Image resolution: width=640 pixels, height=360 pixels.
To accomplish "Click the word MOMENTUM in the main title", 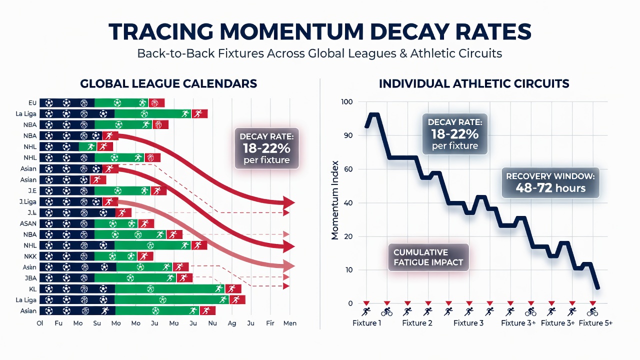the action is point(291,31).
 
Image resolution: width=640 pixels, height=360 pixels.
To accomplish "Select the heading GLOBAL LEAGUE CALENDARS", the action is point(168,83).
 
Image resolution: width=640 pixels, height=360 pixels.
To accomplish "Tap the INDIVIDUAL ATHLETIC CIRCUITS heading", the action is point(474,83).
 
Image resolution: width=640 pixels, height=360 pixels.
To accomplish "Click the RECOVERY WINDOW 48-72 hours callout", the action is point(550,182).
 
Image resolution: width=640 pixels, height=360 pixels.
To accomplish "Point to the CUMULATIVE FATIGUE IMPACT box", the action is point(428,257).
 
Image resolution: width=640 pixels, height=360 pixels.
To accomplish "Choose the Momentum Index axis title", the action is point(334,200).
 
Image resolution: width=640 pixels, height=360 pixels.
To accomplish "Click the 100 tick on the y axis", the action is point(347,102).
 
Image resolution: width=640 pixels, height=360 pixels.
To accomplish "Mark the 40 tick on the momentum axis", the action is point(348,203).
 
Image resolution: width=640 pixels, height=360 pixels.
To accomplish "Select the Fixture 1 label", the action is point(366,323).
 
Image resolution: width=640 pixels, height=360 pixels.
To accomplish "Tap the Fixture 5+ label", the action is point(595,323).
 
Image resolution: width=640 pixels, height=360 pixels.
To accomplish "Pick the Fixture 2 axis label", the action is point(417,323).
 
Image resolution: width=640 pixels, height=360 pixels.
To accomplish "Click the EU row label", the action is point(32,103).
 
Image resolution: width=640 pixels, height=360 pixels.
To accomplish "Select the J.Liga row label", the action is point(28,202).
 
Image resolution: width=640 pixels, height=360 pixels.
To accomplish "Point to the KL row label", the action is point(32,289).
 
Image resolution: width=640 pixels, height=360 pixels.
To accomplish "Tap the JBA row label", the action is point(30,278).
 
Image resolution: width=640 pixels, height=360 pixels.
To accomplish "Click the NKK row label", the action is point(30,256).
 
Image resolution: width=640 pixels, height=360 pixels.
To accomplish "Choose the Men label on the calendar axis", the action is point(289,323).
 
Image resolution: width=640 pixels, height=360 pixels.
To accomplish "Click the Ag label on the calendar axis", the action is point(231,323).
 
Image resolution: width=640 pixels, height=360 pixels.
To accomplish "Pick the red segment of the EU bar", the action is point(156,103).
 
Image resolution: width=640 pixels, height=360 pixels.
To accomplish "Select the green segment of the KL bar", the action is point(170,289).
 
